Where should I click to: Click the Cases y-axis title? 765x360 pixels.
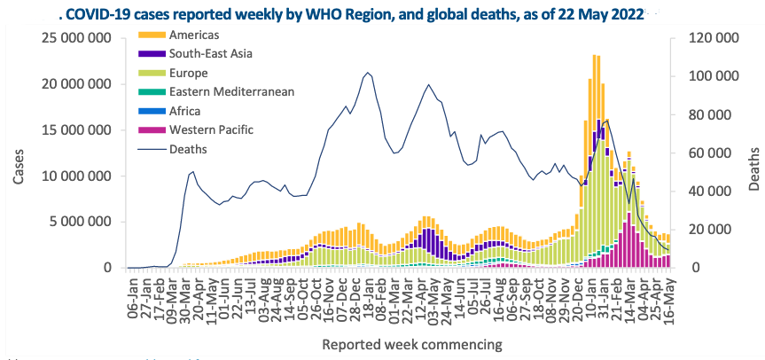[x=19, y=165]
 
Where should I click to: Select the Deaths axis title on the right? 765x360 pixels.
[x=753, y=166]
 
